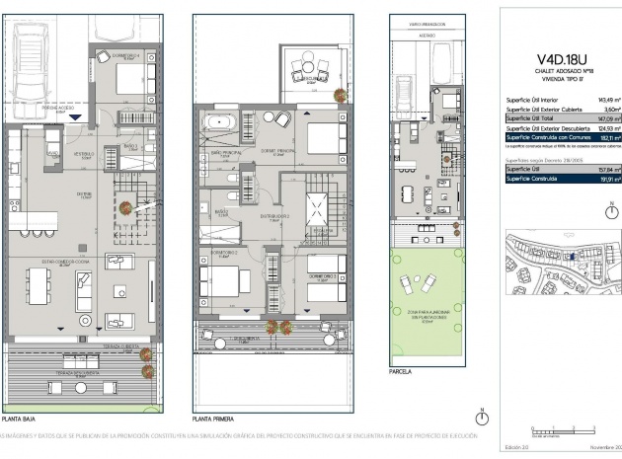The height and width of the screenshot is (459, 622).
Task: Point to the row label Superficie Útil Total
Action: pyautogui.click(x=531, y=118)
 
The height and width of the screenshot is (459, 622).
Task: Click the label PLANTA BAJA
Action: pyautogui.click(x=20, y=419)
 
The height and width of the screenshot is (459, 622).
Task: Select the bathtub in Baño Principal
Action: pyautogui.click(x=219, y=124)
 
